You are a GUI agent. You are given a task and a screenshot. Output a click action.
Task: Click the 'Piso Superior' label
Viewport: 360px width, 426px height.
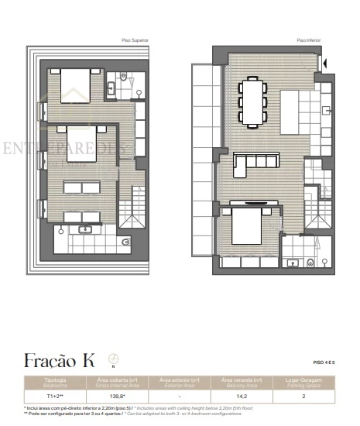point(135,39)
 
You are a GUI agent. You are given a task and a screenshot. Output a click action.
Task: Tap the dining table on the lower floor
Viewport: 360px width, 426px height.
point(252,100)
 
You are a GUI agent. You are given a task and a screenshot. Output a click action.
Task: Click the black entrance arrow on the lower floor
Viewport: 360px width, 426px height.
point(327,62)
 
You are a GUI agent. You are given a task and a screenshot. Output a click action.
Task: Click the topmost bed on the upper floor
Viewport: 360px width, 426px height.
point(73,82)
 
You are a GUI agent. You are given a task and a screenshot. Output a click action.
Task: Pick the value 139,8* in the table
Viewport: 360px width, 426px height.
point(118,396)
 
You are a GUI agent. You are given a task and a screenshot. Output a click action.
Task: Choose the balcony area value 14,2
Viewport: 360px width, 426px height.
point(242,396)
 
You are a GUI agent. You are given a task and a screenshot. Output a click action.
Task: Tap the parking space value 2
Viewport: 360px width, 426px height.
point(304,396)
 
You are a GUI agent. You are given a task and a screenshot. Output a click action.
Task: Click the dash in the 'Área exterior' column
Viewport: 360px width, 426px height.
point(180,396)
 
